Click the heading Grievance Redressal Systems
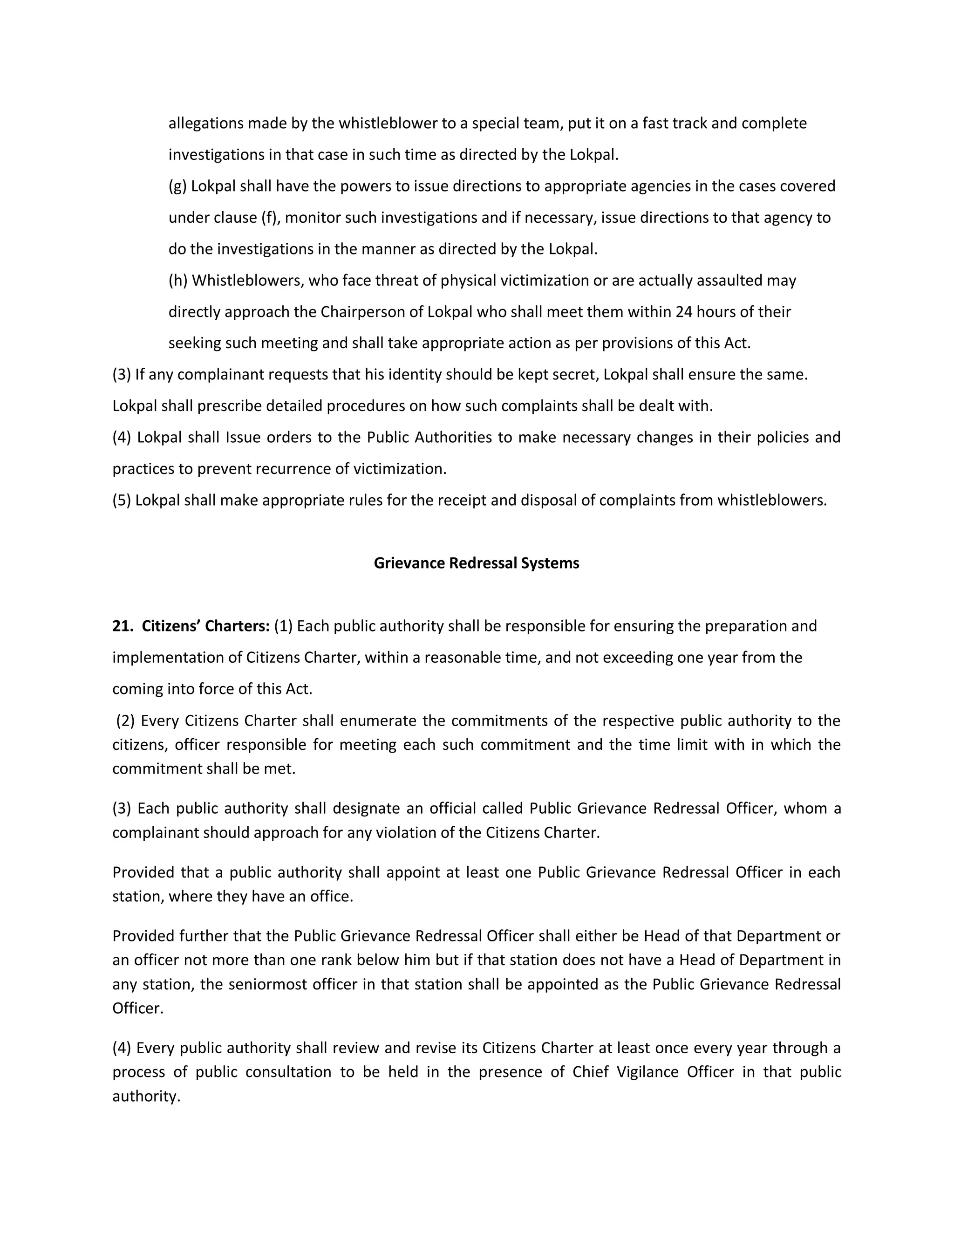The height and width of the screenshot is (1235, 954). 477,563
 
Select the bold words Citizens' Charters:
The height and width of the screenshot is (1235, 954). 206,626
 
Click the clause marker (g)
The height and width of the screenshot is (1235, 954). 177,186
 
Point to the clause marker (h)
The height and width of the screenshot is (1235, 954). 178,281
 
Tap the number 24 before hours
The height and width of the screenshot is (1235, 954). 684,312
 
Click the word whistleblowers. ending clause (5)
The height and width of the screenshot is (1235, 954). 772,501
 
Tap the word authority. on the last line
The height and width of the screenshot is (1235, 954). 146,1097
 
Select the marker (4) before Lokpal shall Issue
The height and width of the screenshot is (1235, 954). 122,437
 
